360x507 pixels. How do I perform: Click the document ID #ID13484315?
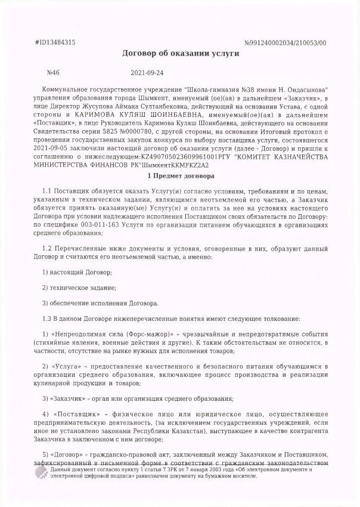tap(55, 42)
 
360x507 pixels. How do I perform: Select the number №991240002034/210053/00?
tap(285, 43)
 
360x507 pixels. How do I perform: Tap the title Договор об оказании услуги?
tap(180, 54)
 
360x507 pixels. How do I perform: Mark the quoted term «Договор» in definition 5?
tap(72, 452)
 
